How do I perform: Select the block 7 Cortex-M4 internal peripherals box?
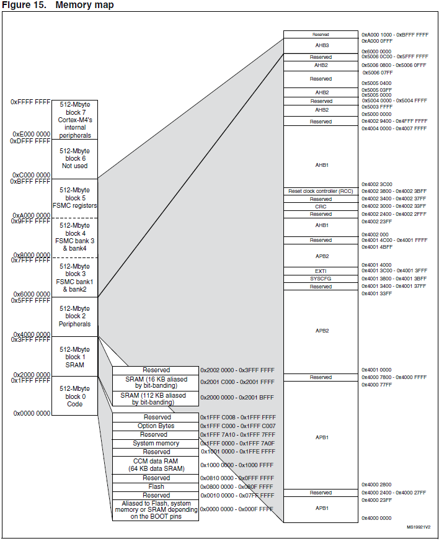coord(74,120)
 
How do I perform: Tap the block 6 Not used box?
coord(74,159)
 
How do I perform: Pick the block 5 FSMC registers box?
coord(74,198)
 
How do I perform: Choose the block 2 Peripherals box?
coord(74,316)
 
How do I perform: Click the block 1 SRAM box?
coord(74,357)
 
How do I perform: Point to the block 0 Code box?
coord(74,396)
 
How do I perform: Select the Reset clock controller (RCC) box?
coord(321,191)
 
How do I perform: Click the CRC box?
coord(321,207)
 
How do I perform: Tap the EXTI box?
coord(321,271)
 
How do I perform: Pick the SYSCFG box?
coord(321,279)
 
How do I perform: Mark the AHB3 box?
coord(321,45)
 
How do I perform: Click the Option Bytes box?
coord(156,426)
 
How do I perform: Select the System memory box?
coord(156,444)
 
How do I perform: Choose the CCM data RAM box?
coord(156,465)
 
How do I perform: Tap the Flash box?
coord(156,487)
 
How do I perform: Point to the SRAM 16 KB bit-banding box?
coord(156,382)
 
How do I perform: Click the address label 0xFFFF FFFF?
coord(30,102)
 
